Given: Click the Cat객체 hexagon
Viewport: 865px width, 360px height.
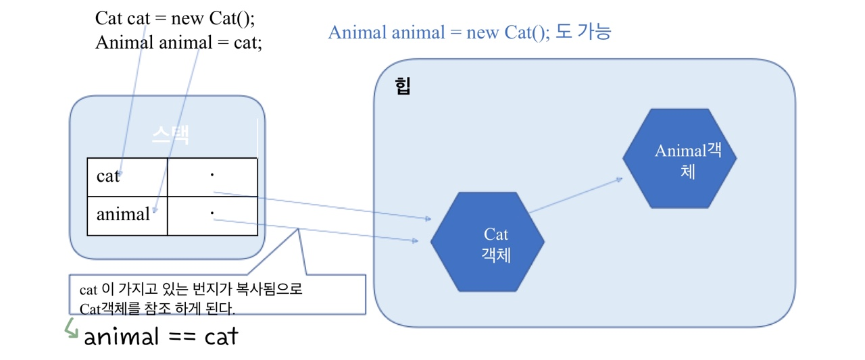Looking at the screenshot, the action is pyautogui.click(x=487, y=242).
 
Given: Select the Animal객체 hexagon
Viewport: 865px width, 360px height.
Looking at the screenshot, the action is pyautogui.click(x=679, y=158).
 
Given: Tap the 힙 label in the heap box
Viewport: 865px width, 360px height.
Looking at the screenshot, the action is pyautogui.click(x=403, y=86).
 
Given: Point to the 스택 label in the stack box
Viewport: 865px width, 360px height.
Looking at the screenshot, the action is pyautogui.click(x=170, y=134).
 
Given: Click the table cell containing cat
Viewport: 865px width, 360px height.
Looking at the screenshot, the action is pyautogui.click(x=127, y=177).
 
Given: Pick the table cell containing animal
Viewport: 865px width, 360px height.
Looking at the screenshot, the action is pyautogui.click(x=127, y=215).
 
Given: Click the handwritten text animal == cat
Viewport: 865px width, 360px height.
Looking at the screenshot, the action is pyautogui.click(x=161, y=336).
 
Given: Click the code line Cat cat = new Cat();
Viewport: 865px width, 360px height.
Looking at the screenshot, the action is pyautogui.click(x=175, y=18).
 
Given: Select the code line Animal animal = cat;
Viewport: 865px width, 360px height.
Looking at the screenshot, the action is pyautogui.click(x=178, y=43).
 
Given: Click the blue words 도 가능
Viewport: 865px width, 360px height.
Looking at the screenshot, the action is pyautogui.click(x=583, y=32).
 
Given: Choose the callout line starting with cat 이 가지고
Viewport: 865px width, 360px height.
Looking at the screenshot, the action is pyautogui.click(x=191, y=290).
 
